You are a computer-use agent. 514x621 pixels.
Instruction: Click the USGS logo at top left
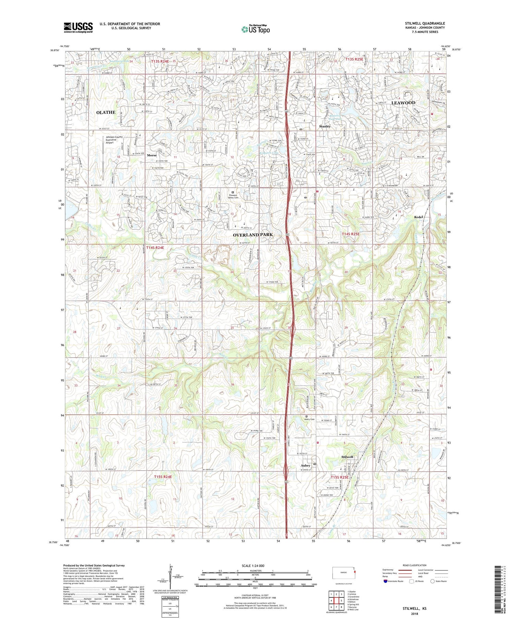pos(78,27)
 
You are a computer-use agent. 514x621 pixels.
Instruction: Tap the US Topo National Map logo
pos(255,29)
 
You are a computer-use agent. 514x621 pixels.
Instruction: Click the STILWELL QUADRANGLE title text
pos(425,23)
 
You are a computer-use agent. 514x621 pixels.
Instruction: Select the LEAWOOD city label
pos(403,103)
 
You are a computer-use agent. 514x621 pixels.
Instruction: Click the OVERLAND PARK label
pos(253,235)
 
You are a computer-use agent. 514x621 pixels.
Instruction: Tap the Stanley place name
pos(325,126)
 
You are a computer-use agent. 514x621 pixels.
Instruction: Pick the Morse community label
pos(151,155)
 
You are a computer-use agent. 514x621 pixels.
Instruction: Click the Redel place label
pos(418,217)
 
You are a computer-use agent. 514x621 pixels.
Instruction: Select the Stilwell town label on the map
pos(347,457)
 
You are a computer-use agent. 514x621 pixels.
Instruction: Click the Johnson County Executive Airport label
pos(114,140)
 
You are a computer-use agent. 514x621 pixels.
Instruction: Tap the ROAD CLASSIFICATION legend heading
pos(415,565)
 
